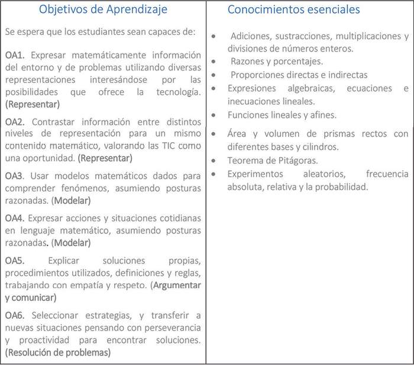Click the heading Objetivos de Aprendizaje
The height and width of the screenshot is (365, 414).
(x=103, y=9)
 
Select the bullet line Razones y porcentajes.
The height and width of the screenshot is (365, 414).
(x=276, y=61)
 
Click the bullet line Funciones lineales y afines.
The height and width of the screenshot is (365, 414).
(x=282, y=115)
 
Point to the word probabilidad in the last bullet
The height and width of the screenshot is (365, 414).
(x=340, y=187)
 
